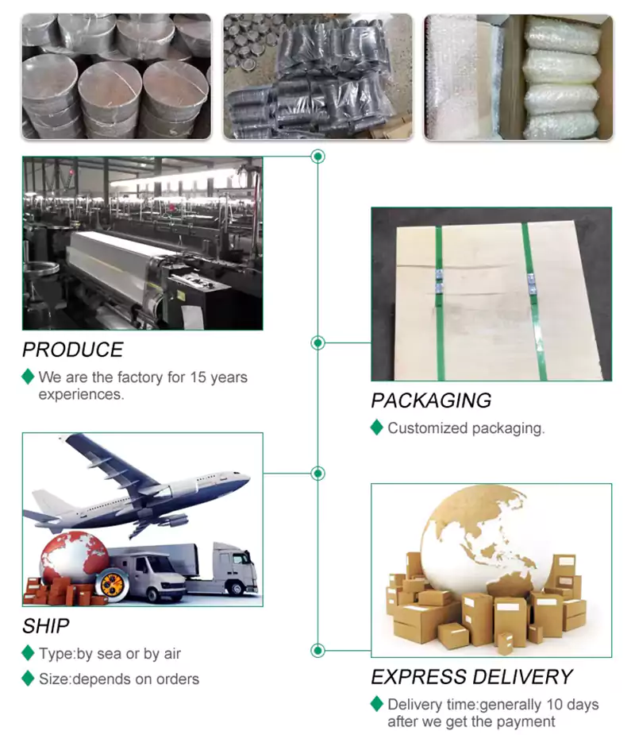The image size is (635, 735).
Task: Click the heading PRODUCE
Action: point(72,350)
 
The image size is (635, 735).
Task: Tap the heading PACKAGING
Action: point(431,400)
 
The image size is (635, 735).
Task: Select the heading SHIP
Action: point(45,626)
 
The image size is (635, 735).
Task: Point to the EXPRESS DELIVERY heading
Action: point(471,677)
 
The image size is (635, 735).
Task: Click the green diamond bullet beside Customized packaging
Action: point(377,427)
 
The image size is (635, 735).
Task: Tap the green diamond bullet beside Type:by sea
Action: point(28,654)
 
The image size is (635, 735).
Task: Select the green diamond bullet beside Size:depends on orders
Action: point(28,679)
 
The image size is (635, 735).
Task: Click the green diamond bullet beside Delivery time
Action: point(377,704)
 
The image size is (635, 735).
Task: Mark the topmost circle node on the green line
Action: point(318,157)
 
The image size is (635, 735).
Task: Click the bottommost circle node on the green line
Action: point(318,651)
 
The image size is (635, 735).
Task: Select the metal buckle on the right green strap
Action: point(531,279)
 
